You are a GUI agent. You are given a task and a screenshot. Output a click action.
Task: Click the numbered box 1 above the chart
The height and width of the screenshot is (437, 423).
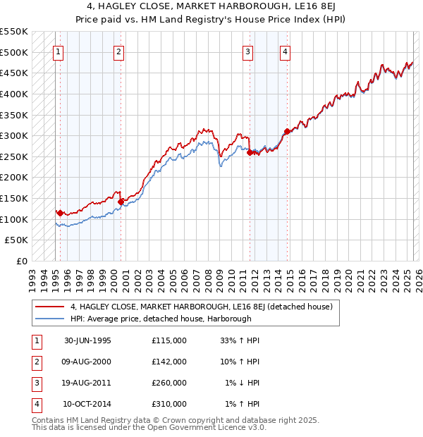coord(57,51)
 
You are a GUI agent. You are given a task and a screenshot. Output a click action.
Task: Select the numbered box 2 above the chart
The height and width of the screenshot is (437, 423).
coord(118,51)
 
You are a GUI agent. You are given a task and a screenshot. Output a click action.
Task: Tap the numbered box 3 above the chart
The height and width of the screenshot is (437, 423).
coord(247,51)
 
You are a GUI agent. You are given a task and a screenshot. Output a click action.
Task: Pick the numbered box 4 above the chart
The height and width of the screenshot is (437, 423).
coord(285,51)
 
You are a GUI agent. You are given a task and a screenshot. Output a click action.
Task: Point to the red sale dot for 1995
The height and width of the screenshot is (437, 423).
coord(60,212)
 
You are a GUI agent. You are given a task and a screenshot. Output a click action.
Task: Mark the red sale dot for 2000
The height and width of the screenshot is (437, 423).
coord(121,202)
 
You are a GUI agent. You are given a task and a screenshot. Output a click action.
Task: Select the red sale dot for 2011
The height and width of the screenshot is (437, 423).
coord(250,152)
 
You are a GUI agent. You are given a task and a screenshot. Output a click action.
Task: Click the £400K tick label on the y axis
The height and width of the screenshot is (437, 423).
coord(15,94)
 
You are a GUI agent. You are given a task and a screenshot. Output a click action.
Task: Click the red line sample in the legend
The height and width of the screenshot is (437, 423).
coord(50,307)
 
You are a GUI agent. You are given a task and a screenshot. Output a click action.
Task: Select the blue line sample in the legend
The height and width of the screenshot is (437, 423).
coord(50,319)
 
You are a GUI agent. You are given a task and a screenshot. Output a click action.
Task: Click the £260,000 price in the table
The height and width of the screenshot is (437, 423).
coord(169,383)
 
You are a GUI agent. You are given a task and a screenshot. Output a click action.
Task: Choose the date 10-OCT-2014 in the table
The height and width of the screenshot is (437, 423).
coord(87,405)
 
